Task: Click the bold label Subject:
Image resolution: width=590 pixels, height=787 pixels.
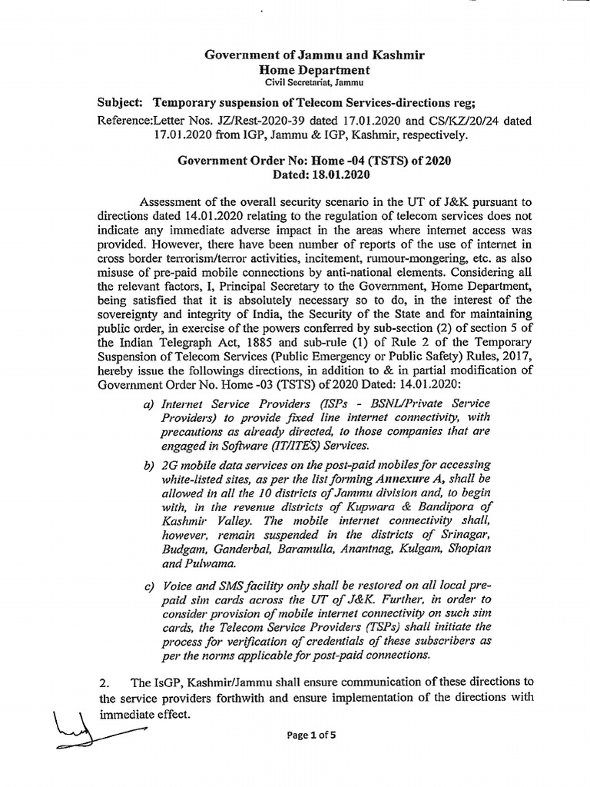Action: point(122,103)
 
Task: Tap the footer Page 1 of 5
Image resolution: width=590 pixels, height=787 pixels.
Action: point(313,735)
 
